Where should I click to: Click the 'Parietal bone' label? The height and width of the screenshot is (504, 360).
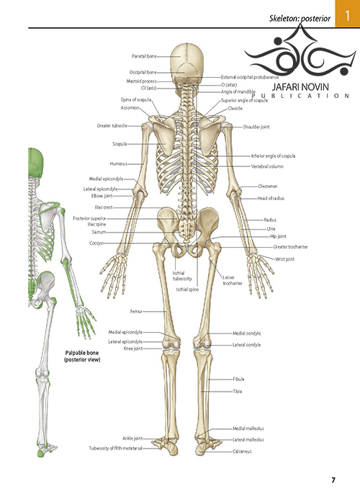[144, 56]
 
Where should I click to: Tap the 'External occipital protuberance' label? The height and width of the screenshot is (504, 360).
[250, 77]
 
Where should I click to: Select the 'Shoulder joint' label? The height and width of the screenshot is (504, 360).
[256, 127]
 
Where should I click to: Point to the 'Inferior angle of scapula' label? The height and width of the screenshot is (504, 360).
[273, 156]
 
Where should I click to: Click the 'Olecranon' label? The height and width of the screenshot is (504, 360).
[267, 186]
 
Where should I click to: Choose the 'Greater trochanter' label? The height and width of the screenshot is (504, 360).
[291, 247]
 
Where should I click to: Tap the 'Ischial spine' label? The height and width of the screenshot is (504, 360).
[187, 289]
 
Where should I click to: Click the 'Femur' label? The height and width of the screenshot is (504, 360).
[136, 312]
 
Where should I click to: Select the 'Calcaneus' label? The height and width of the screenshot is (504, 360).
[242, 451]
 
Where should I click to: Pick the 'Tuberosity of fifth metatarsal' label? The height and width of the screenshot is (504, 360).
[115, 448]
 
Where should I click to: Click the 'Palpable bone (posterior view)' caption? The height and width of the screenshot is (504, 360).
[82, 356]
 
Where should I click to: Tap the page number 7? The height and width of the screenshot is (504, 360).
[333, 480]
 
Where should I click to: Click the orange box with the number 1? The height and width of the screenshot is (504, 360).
[348, 14]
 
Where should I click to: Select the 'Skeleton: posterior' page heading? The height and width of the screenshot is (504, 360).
[300, 19]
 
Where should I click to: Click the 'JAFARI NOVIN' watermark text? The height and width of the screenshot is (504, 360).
[300, 87]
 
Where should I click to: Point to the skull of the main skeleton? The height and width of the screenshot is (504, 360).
[187, 64]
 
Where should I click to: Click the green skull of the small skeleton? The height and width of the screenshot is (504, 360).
[35, 162]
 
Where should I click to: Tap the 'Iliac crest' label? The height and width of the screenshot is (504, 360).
[104, 207]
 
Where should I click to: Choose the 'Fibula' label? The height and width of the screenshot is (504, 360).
[238, 379]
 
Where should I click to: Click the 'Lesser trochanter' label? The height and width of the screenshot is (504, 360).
[233, 280]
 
